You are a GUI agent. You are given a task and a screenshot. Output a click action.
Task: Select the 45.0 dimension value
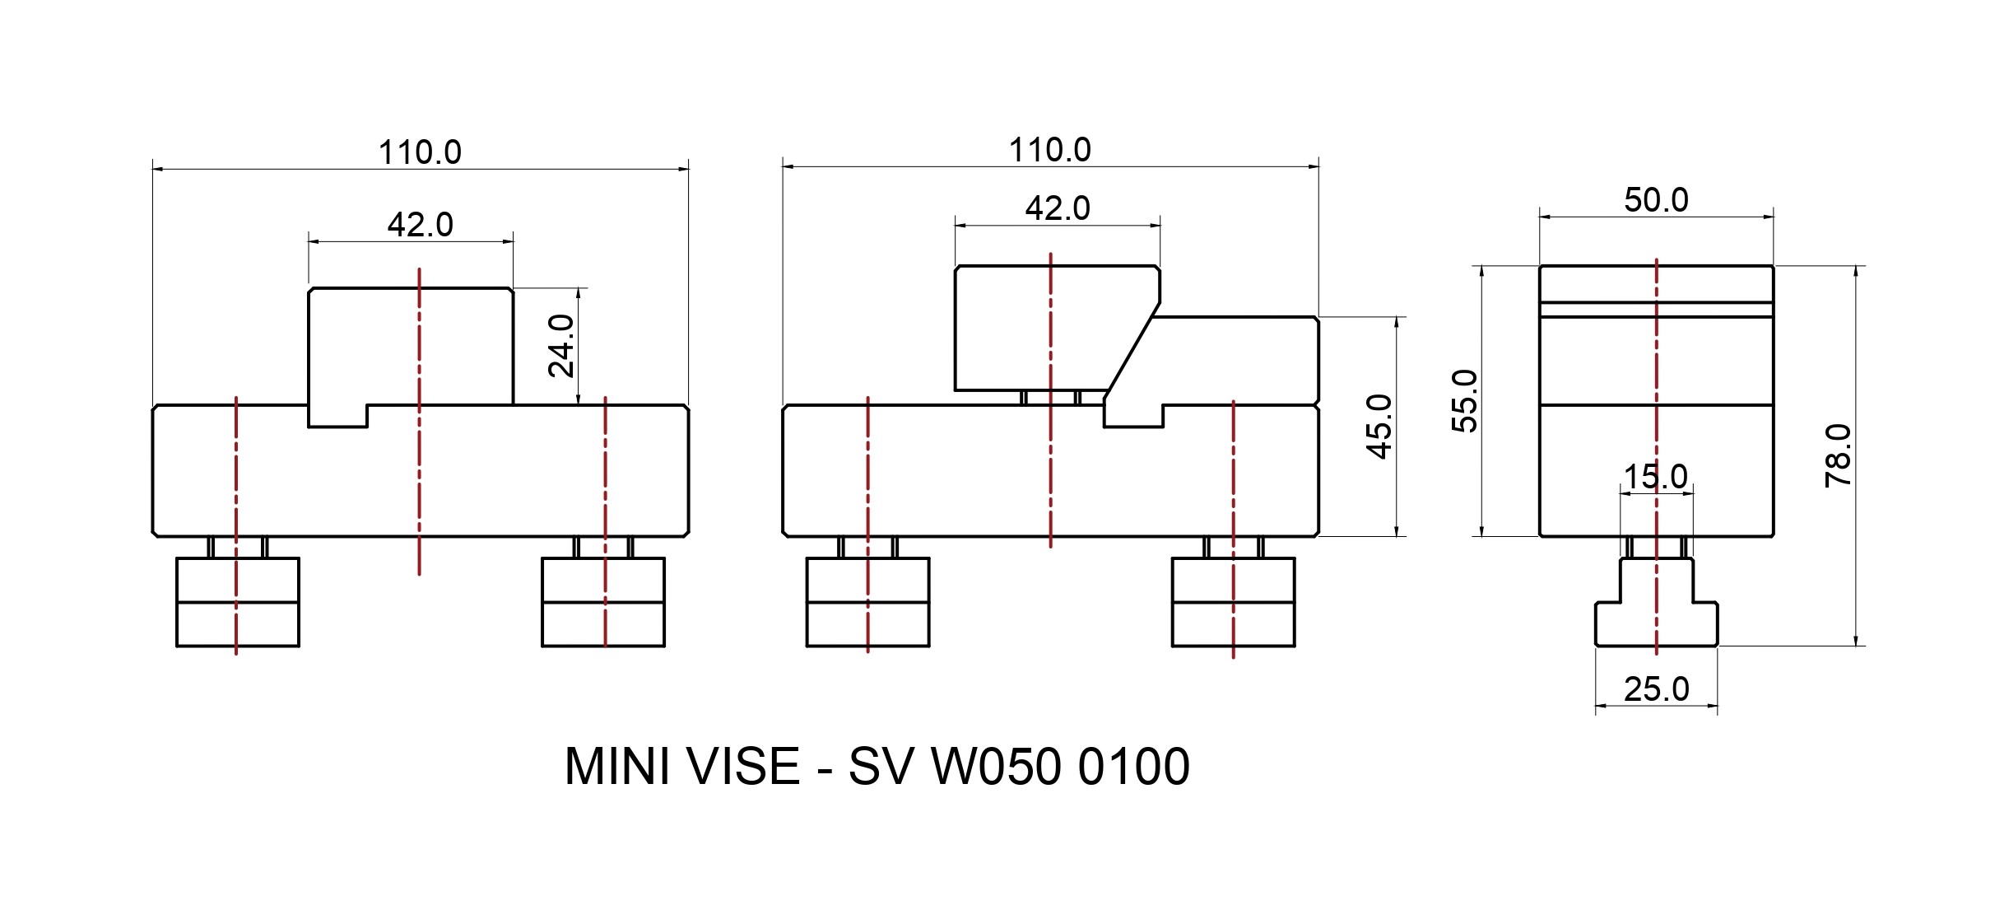(1379, 427)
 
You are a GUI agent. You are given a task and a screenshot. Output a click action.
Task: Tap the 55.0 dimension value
(1465, 401)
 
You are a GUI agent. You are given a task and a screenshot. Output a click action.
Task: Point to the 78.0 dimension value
(1839, 455)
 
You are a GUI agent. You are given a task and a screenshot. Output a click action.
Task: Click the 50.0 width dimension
(1656, 200)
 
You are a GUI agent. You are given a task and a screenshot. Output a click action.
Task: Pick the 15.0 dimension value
(1655, 477)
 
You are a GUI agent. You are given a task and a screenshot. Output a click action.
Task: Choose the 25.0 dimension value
(1656, 688)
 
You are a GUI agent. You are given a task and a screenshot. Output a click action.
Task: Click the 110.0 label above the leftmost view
(420, 152)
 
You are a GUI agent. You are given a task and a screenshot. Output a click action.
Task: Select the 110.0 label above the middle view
(1049, 150)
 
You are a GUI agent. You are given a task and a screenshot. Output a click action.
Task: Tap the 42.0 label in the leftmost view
(420, 224)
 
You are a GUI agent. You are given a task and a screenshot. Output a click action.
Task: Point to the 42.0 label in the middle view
(1057, 208)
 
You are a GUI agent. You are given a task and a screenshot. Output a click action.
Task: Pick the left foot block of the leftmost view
(238, 602)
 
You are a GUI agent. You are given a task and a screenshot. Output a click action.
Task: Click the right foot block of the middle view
(1233, 602)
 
